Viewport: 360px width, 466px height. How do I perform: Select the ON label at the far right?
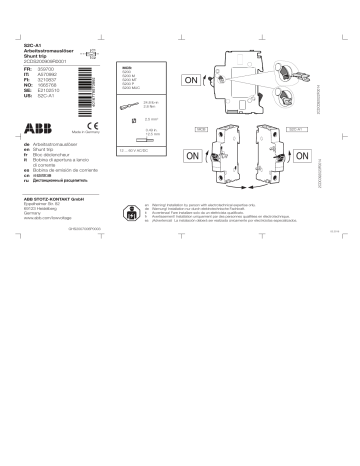pos(322,157)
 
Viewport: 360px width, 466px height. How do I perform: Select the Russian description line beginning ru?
pos(63,186)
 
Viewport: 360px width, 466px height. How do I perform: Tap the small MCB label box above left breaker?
pos(200,130)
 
